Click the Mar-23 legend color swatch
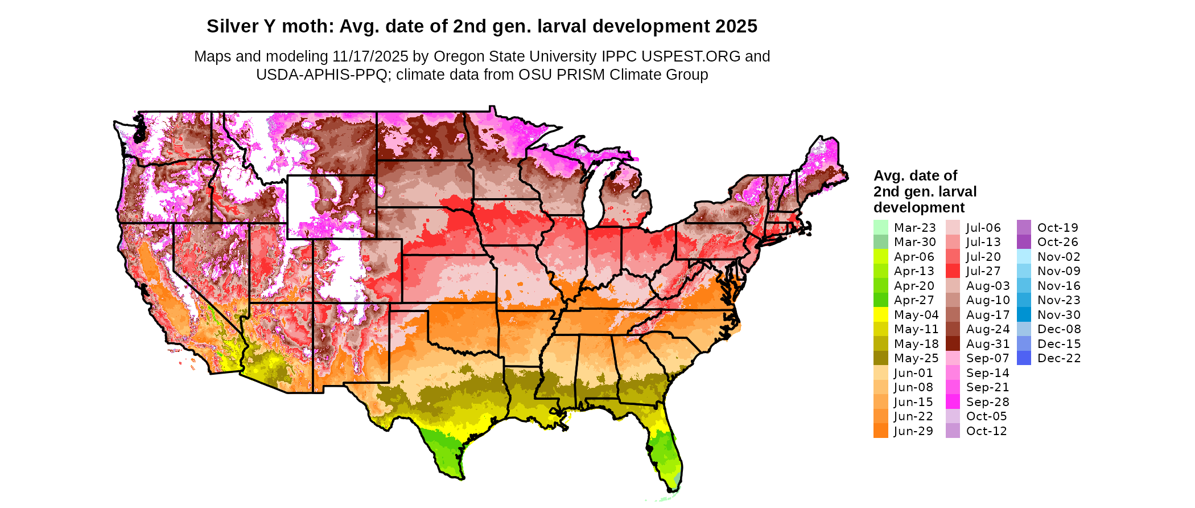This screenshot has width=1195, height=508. pyautogui.click(x=880, y=227)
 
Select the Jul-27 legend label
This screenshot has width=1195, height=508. pyautogui.click(x=983, y=271)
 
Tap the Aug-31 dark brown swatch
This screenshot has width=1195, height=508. pyautogui.click(x=953, y=343)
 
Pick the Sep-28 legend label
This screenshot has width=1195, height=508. pyautogui.click(x=987, y=402)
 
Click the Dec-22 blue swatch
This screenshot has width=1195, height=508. pyautogui.click(x=1024, y=358)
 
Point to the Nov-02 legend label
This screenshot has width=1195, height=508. pyautogui.click(x=1058, y=256)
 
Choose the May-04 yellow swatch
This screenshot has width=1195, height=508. pyautogui.click(x=880, y=314)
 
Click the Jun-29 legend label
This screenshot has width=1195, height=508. pyautogui.click(x=913, y=431)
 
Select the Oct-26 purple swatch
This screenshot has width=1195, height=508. pyautogui.click(x=1024, y=242)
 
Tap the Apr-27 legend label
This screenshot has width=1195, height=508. pyautogui.click(x=914, y=300)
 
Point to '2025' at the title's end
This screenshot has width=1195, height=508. pyautogui.click(x=736, y=26)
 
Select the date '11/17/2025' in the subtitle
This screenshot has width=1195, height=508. pyautogui.click(x=370, y=56)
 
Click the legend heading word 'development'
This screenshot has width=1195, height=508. pyautogui.click(x=919, y=207)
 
